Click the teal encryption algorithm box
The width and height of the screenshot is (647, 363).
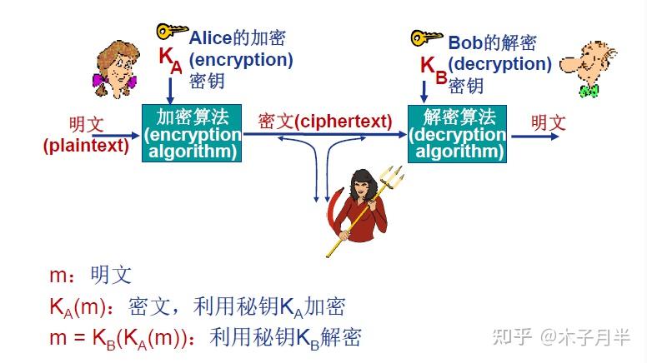pyautogui.click(x=192, y=133)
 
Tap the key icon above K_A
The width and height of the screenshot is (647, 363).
pyautogui.click(x=172, y=32)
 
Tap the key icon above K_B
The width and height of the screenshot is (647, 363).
pyautogui.click(x=426, y=37)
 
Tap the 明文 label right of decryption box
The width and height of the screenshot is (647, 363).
pyautogui.click(x=549, y=123)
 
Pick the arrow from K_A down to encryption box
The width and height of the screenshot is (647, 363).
pyautogui.click(x=170, y=87)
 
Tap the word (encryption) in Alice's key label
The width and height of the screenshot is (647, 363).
pyautogui.click(x=241, y=60)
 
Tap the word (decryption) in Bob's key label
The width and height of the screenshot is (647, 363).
pyautogui.click(x=499, y=63)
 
